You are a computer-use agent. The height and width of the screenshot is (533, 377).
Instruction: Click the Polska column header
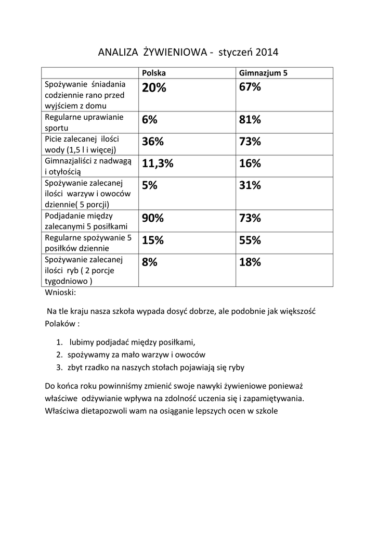point(153,73)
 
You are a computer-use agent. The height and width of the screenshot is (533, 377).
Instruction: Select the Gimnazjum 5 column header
point(263,73)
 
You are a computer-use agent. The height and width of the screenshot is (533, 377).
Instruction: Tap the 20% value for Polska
point(154,88)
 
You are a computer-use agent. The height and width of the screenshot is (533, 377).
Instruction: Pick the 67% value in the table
point(250,87)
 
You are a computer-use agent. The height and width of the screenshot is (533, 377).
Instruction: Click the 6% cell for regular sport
point(149,120)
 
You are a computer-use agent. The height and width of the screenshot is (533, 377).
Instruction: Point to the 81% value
point(250,120)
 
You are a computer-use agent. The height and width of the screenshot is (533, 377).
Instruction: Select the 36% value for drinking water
point(153,142)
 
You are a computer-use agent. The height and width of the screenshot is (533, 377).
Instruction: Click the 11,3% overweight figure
point(158,164)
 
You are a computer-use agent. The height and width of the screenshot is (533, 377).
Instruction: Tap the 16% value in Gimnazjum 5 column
point(250,164)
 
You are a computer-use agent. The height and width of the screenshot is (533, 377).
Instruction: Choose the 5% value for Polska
point(149,186)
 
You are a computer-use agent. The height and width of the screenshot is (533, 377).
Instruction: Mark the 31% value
point(250,186)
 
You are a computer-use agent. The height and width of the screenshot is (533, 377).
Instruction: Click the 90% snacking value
point(153,219)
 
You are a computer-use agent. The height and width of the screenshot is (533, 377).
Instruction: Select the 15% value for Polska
point(153,240)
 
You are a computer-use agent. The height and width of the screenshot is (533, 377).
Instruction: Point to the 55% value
point(250,240)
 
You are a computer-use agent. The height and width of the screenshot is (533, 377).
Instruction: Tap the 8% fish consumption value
point(149,262)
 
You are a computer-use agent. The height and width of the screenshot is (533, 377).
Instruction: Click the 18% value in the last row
point(250,262)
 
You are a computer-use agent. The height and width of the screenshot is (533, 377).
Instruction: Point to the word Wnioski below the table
point(60,292)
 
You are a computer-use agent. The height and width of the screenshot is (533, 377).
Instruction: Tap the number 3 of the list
point(59,367)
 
